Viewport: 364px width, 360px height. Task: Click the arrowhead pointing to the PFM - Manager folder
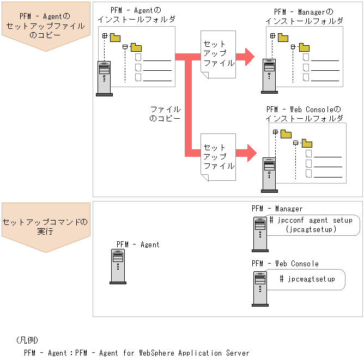click(250, 57)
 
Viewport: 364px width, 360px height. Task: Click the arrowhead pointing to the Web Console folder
click(252, 153)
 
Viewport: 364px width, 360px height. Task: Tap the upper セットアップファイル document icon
click(218, 54)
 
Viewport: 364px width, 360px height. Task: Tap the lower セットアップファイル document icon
click(218, 157)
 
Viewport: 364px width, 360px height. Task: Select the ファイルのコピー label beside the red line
click(165, 114)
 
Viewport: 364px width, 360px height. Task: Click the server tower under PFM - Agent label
click(118, 266)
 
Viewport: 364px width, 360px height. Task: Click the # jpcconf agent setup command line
click(311, 220)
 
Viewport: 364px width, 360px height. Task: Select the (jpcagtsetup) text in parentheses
click(311, 229)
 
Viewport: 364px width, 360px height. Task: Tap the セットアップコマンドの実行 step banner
click(46, 227)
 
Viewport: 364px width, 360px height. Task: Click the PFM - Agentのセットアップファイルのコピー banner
click(46, 26)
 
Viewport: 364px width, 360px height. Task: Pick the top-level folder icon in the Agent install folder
click(115, 38)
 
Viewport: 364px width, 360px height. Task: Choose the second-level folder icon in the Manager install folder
click(304, 47)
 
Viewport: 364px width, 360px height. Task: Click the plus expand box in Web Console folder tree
click(275, 132)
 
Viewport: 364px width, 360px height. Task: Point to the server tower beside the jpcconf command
click(260, 234)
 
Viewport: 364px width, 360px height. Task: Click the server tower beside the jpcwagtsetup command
click(260, 289)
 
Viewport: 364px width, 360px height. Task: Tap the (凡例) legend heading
click(27, 340)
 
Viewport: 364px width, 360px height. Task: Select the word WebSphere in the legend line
click(156, 353)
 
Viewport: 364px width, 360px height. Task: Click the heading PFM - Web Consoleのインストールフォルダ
click(304, 114)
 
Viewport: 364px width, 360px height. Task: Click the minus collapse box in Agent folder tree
click(125, 47)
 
